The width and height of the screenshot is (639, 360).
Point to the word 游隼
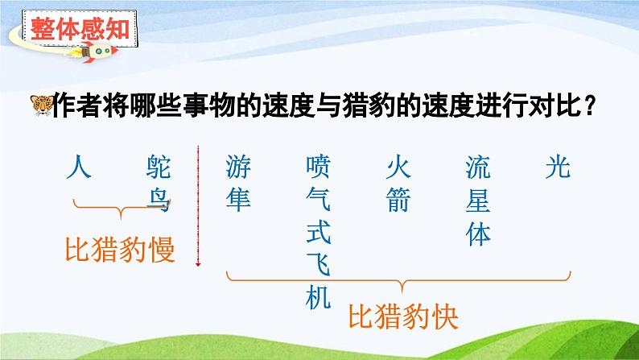pyautogui.click(x=239, y=183)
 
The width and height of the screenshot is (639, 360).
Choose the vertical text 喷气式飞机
pyautogui.click(x=319, y=233)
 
